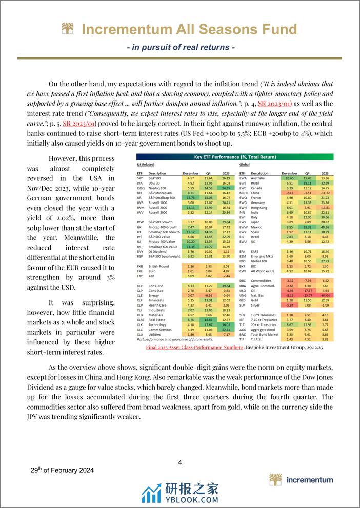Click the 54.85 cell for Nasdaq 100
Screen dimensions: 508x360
[225, 188]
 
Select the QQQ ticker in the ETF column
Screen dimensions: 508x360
[139, 188]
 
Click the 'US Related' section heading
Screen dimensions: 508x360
[146, 165]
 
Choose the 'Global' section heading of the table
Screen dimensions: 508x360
[245, 165]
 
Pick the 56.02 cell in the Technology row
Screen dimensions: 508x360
[225, 324]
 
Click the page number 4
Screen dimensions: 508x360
[180, 463]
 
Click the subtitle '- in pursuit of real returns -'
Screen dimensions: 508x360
[180, 47]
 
